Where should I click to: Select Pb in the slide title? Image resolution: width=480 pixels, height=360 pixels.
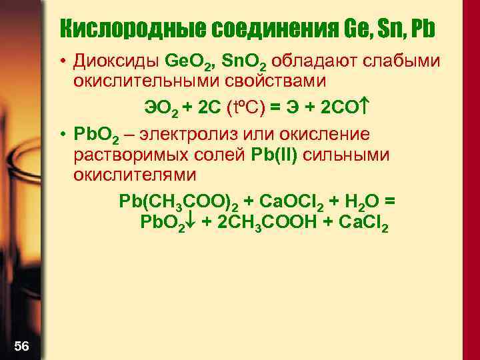(x=424, y=29)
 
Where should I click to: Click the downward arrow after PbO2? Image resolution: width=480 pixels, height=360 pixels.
(x=189, y=222)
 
